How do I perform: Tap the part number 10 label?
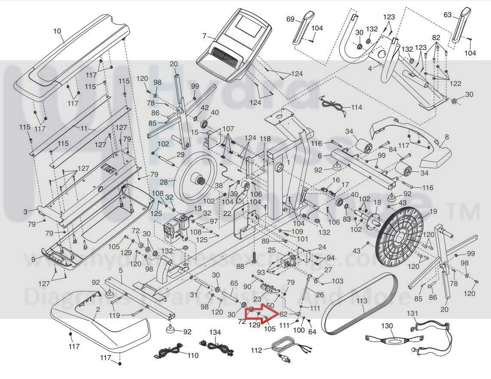[57, 31]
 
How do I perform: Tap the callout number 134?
[215, 332]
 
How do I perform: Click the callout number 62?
[283, 314]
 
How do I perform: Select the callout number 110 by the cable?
[193, 356]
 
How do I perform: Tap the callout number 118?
[265, 139]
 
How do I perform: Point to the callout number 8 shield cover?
[447, 137]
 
